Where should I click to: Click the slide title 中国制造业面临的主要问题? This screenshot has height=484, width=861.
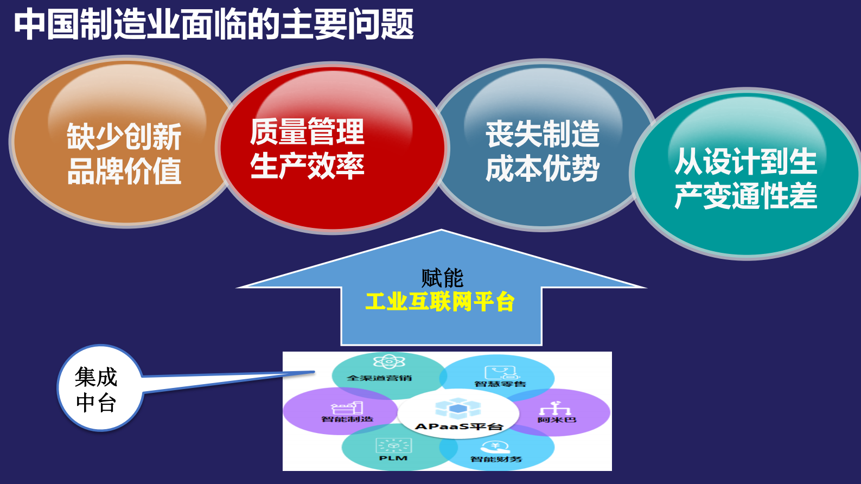[x=214, y=24]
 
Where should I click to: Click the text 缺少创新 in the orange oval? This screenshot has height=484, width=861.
[x=124, y=136]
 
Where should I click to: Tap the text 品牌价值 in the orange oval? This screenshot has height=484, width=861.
[x=124, y=171]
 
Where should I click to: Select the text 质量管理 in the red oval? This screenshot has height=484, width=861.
[x=307, y=132]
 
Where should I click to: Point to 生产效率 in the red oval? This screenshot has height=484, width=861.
[x=307, y=166]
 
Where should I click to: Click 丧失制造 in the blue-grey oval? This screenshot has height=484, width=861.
[x=543, y=134]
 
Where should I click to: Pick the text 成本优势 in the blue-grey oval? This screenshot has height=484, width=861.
[x=543, y=169]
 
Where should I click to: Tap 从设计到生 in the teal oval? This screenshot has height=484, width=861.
[x=745, y=161]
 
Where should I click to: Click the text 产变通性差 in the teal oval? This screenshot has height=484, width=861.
[x=745, y=196]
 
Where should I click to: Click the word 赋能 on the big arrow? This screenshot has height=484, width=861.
[x=442, y=278]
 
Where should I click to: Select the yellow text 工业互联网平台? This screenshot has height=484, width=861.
[x=440, y=302]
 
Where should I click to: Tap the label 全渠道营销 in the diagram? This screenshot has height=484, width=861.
[x=379, y=378]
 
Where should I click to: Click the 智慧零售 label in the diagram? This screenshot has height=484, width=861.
[x=500, y=384]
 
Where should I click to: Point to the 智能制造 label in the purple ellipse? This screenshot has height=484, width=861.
[x=347, y=419]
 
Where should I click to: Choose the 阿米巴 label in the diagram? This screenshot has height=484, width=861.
[x=557, y=420]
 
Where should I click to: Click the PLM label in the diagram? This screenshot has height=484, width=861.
[x=393, y=458]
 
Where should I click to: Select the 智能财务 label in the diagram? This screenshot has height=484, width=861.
[x=496, y=460]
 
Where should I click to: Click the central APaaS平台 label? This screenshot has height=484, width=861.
[x=458, y=426]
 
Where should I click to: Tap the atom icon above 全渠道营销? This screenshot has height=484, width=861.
[x=389, y=361]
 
